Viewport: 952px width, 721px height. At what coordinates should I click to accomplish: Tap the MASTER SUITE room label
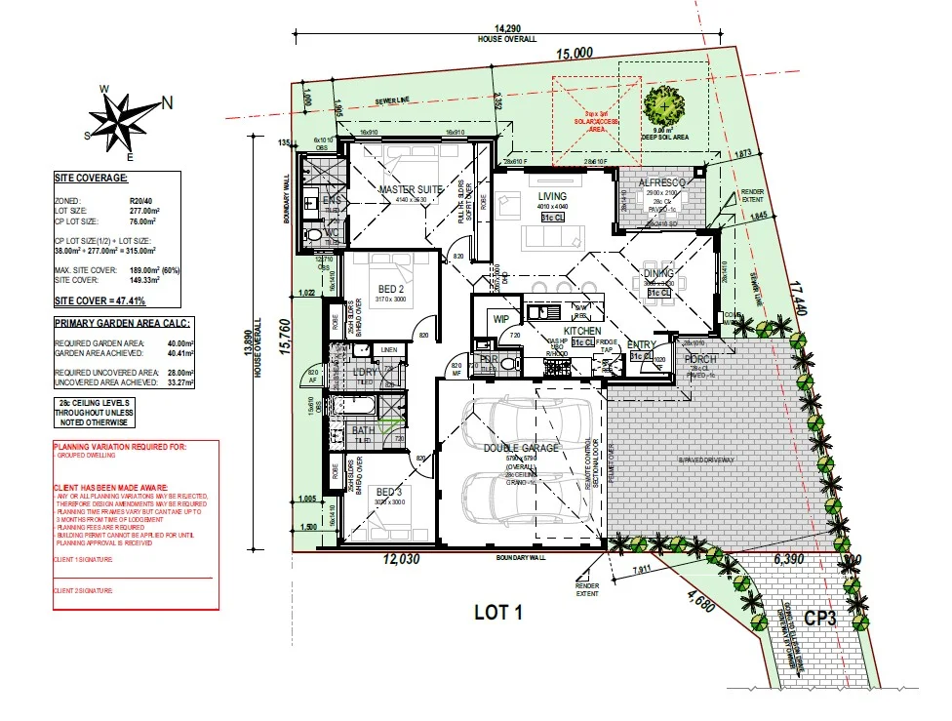(411, 189)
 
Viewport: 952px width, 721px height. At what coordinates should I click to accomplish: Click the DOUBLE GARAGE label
(521, 448)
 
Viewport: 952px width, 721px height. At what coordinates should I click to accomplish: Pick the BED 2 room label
(391, 289)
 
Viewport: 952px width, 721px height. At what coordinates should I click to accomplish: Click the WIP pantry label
(502, 318)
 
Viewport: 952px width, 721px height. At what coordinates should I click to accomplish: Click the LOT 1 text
(498, 612)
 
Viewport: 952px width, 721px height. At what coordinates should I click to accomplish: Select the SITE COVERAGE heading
(91, 179)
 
